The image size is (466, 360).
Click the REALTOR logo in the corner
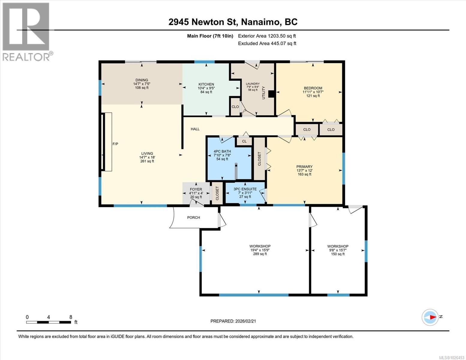[x=26, y=31]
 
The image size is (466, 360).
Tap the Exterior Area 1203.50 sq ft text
[x=267, y=36]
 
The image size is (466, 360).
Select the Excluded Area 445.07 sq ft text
[x=267, y=43]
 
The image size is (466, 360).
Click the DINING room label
[x=141, y=80]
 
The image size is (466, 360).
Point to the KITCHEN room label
[x=206, y=84]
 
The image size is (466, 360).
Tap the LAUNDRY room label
[x=253, y=84]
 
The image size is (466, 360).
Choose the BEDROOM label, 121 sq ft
[x=313, y=88]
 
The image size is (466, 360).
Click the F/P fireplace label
[x=115, y=144]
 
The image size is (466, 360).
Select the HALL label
[x=195, y=129]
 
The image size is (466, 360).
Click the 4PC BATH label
[x=222, y=151]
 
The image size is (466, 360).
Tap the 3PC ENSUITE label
[x=245, y=189]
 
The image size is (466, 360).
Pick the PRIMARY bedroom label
[x=304, y=166]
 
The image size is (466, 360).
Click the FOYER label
[x=196, y=189]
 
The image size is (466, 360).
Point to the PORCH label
[x=194, y=217]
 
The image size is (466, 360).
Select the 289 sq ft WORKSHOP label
[x=260, y=246]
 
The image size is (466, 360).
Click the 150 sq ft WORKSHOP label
[x=338, y=246]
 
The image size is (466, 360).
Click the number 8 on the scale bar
[x=71, y=317]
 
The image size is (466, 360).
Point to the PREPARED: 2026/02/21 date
[x=233, y=321]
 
